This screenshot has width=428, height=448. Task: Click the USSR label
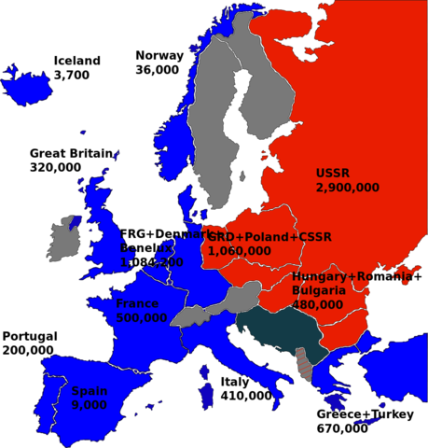tap(332, 173)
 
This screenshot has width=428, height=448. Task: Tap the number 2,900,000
tap(347, 188)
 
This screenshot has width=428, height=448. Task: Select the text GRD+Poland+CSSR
tap(269, 237)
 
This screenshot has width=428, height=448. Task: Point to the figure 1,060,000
tap(240, 250)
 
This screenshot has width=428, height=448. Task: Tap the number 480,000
tap(317, 304)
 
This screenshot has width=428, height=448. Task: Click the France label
tap(136, 303)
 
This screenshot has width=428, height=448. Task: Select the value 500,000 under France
tap(142, 317)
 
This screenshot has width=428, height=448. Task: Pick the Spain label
tap(87, 392)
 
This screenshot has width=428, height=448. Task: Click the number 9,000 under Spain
tap(89, 405)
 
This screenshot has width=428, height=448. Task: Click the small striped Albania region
tap(301, 363)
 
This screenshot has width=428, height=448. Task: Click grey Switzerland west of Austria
tap(190, 315)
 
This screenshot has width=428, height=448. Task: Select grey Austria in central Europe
tap(237, 300)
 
